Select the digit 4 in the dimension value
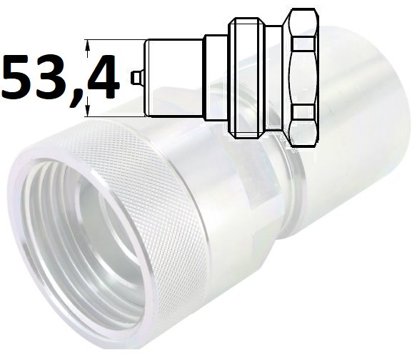pos(101,77)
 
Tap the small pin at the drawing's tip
pos(137,78)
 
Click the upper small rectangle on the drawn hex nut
pos(304,44)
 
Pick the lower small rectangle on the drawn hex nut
pos(304,112)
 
